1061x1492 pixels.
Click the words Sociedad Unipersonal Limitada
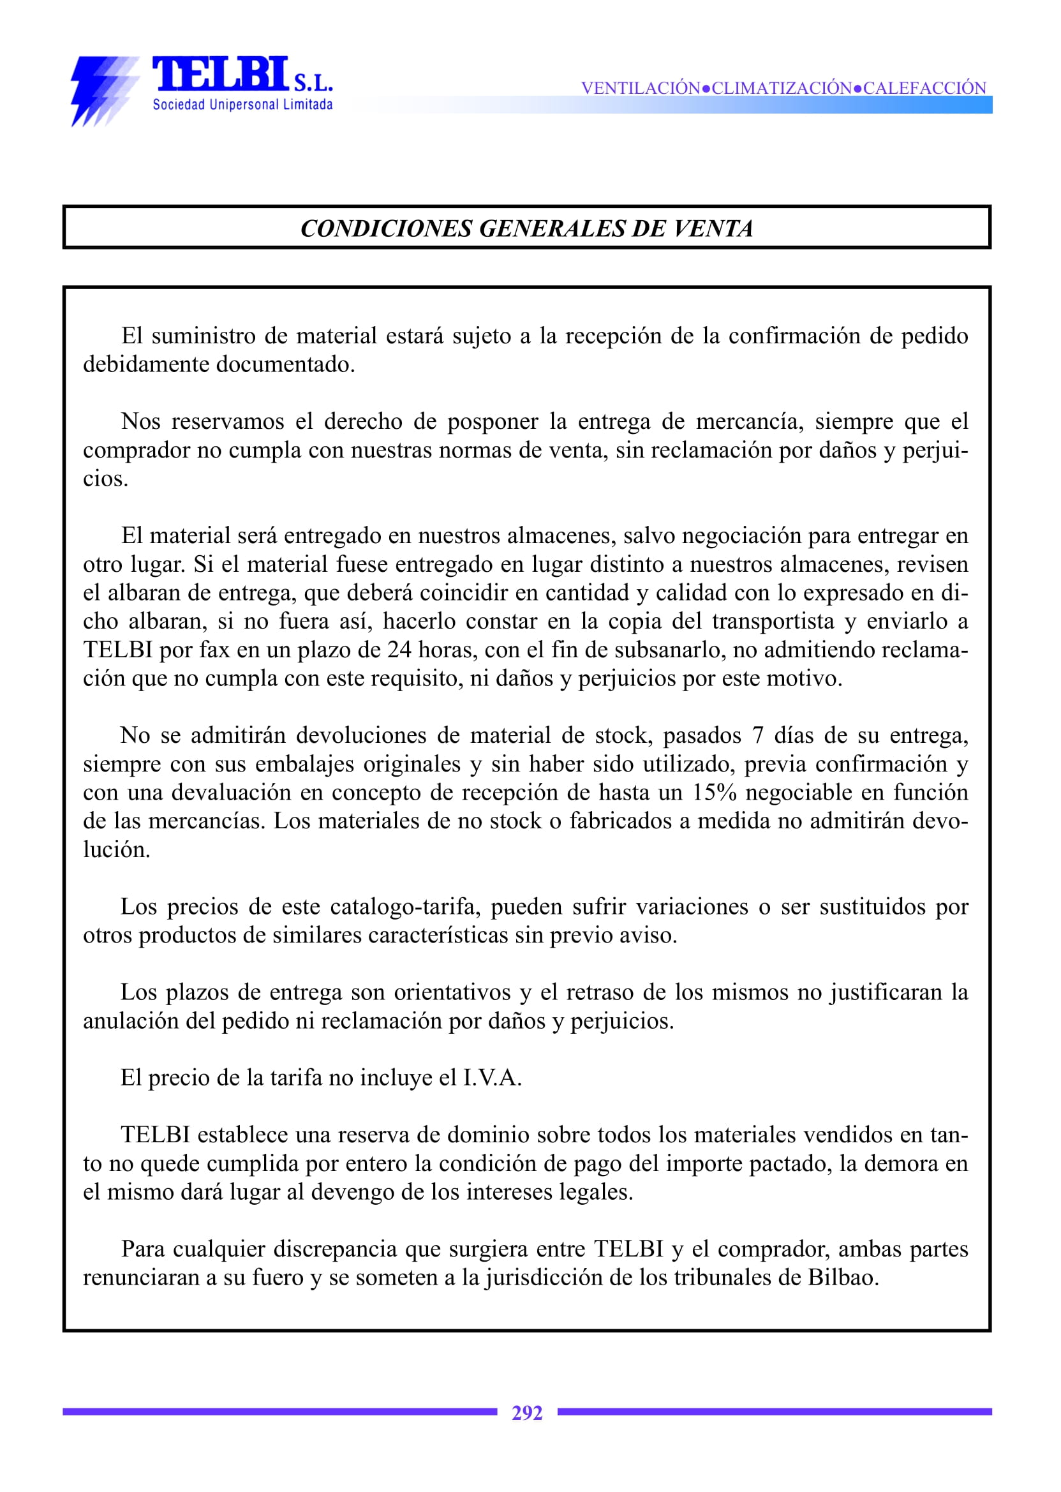[242, 105]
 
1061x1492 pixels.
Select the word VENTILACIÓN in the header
[641, 88]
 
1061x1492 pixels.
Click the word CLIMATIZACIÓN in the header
[782, 88]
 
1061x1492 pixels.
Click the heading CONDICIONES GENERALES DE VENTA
[526, 228]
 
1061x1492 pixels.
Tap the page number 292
[526, 1413]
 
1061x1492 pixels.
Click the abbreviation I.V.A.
[492, 1078]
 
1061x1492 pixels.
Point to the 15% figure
[715, 792]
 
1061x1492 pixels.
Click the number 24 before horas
[399, 650]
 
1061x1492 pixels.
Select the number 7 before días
[758, 735]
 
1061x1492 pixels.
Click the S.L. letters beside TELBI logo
[314, 84]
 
